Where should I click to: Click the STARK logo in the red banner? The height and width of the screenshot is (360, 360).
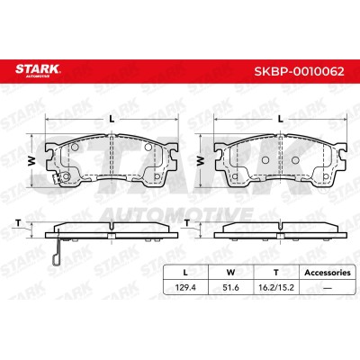[x=38, y=71]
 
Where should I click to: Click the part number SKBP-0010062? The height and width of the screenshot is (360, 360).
[x=299, y=72]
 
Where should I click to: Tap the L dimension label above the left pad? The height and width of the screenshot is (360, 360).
[x=112, y=120]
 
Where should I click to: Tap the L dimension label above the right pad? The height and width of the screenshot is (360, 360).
[x=280, y=120]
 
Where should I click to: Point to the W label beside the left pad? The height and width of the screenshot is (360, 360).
[x=32, y=161]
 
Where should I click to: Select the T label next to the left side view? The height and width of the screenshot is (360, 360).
[x=18, y=223]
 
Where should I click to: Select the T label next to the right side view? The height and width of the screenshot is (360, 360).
[x=187, y=223]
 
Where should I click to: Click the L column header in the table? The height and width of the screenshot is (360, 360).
[x=185, y=273]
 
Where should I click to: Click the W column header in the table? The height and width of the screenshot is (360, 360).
[x=230, y=273]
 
